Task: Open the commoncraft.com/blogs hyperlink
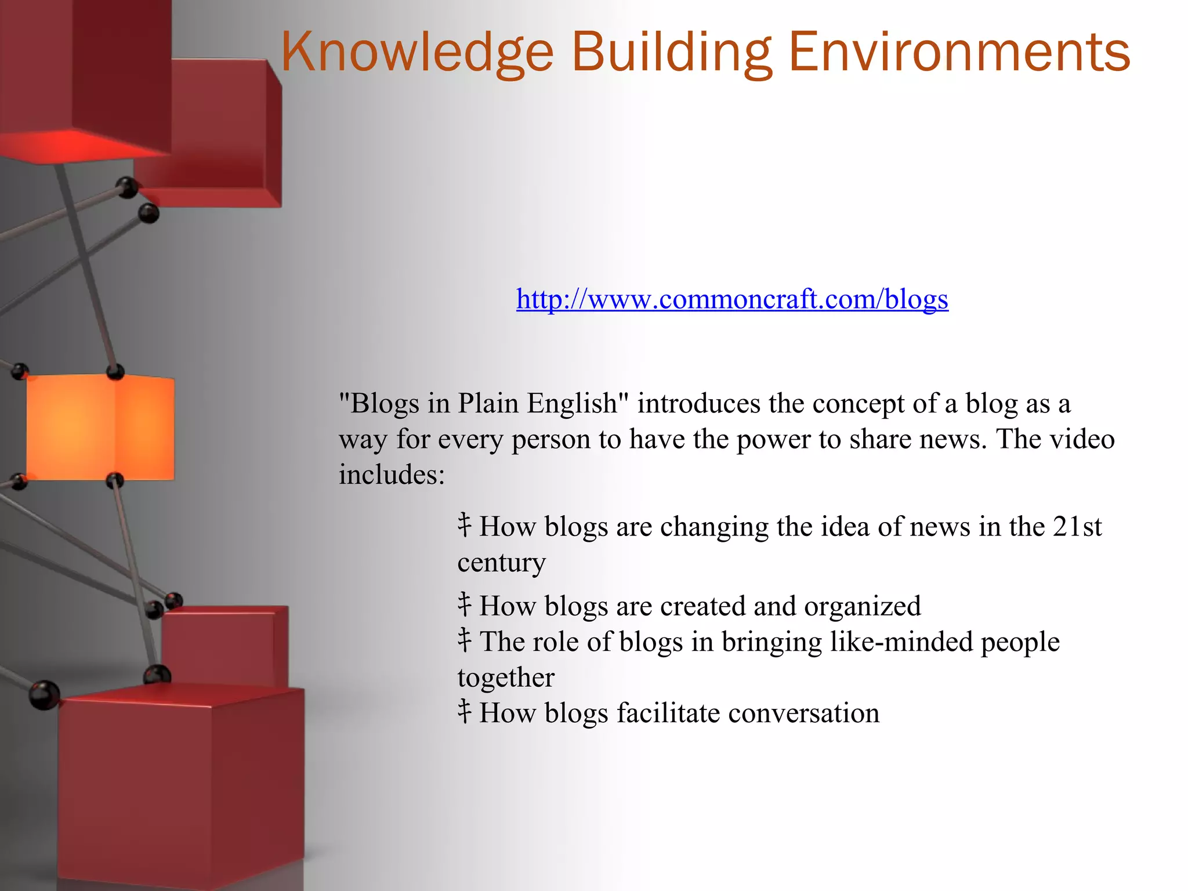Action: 732,299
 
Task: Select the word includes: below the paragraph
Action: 392,475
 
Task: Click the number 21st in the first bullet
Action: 1077,527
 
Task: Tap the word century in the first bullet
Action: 501,563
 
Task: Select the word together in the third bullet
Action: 506,678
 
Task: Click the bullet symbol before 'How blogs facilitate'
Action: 464,712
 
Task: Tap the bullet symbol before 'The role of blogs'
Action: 464,640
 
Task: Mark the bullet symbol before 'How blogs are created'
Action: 464,604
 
